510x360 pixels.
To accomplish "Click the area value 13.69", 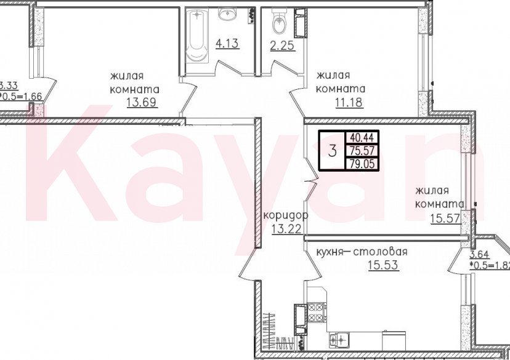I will click(x=141, y=100).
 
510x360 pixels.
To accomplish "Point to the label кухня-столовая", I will click(x=362, y=252).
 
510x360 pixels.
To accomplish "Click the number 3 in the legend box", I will click(x=333, y=150).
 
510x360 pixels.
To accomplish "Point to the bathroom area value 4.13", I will click(x=227, y=44).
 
